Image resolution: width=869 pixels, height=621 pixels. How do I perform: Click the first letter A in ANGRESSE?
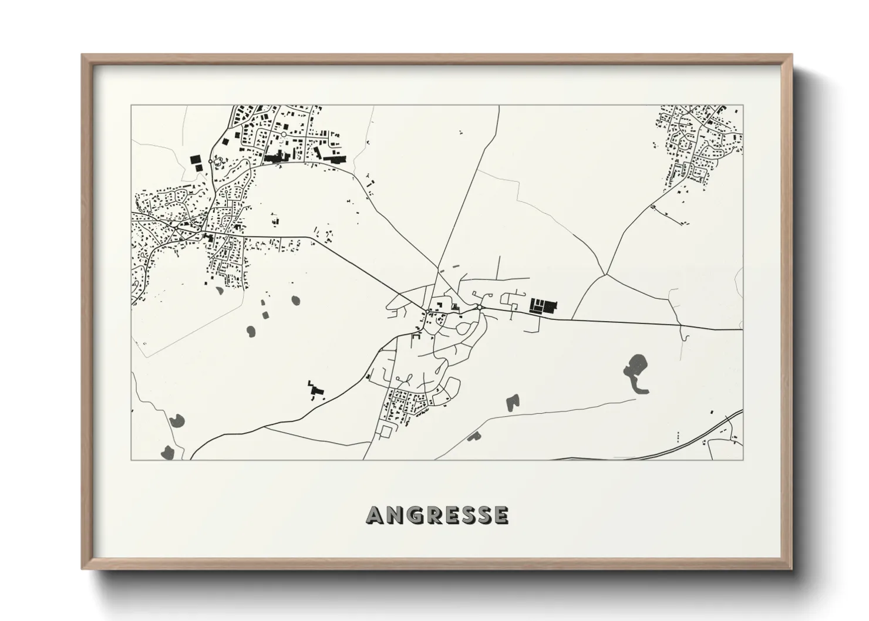click(x=376, y=515)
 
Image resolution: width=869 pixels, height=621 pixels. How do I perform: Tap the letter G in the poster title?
click(x=417, y=515)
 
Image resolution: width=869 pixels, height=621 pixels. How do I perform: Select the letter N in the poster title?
click(x=396, y=515)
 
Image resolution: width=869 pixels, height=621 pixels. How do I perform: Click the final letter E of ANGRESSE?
click(x=500, y=515)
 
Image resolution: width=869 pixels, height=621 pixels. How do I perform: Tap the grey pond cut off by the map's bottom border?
click(x=163, y=454)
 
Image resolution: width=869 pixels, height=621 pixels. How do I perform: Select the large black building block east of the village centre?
click(x=543, y=306)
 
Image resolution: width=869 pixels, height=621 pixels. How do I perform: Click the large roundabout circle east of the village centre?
click(x=480, y=307)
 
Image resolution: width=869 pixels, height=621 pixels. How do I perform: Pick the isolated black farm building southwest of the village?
click(x=315, y=389)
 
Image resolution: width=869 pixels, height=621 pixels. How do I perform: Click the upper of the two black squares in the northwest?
click(x=194, y=158)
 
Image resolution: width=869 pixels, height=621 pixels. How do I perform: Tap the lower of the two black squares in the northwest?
click(x=199, y=167)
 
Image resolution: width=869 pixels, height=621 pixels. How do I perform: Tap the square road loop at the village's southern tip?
click(x=386, y=431)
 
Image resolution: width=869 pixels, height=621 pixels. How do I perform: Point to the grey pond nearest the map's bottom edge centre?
click(x=473, y=436)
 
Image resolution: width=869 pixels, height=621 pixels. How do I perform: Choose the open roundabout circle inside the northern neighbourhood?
click(x=283, y=134)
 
